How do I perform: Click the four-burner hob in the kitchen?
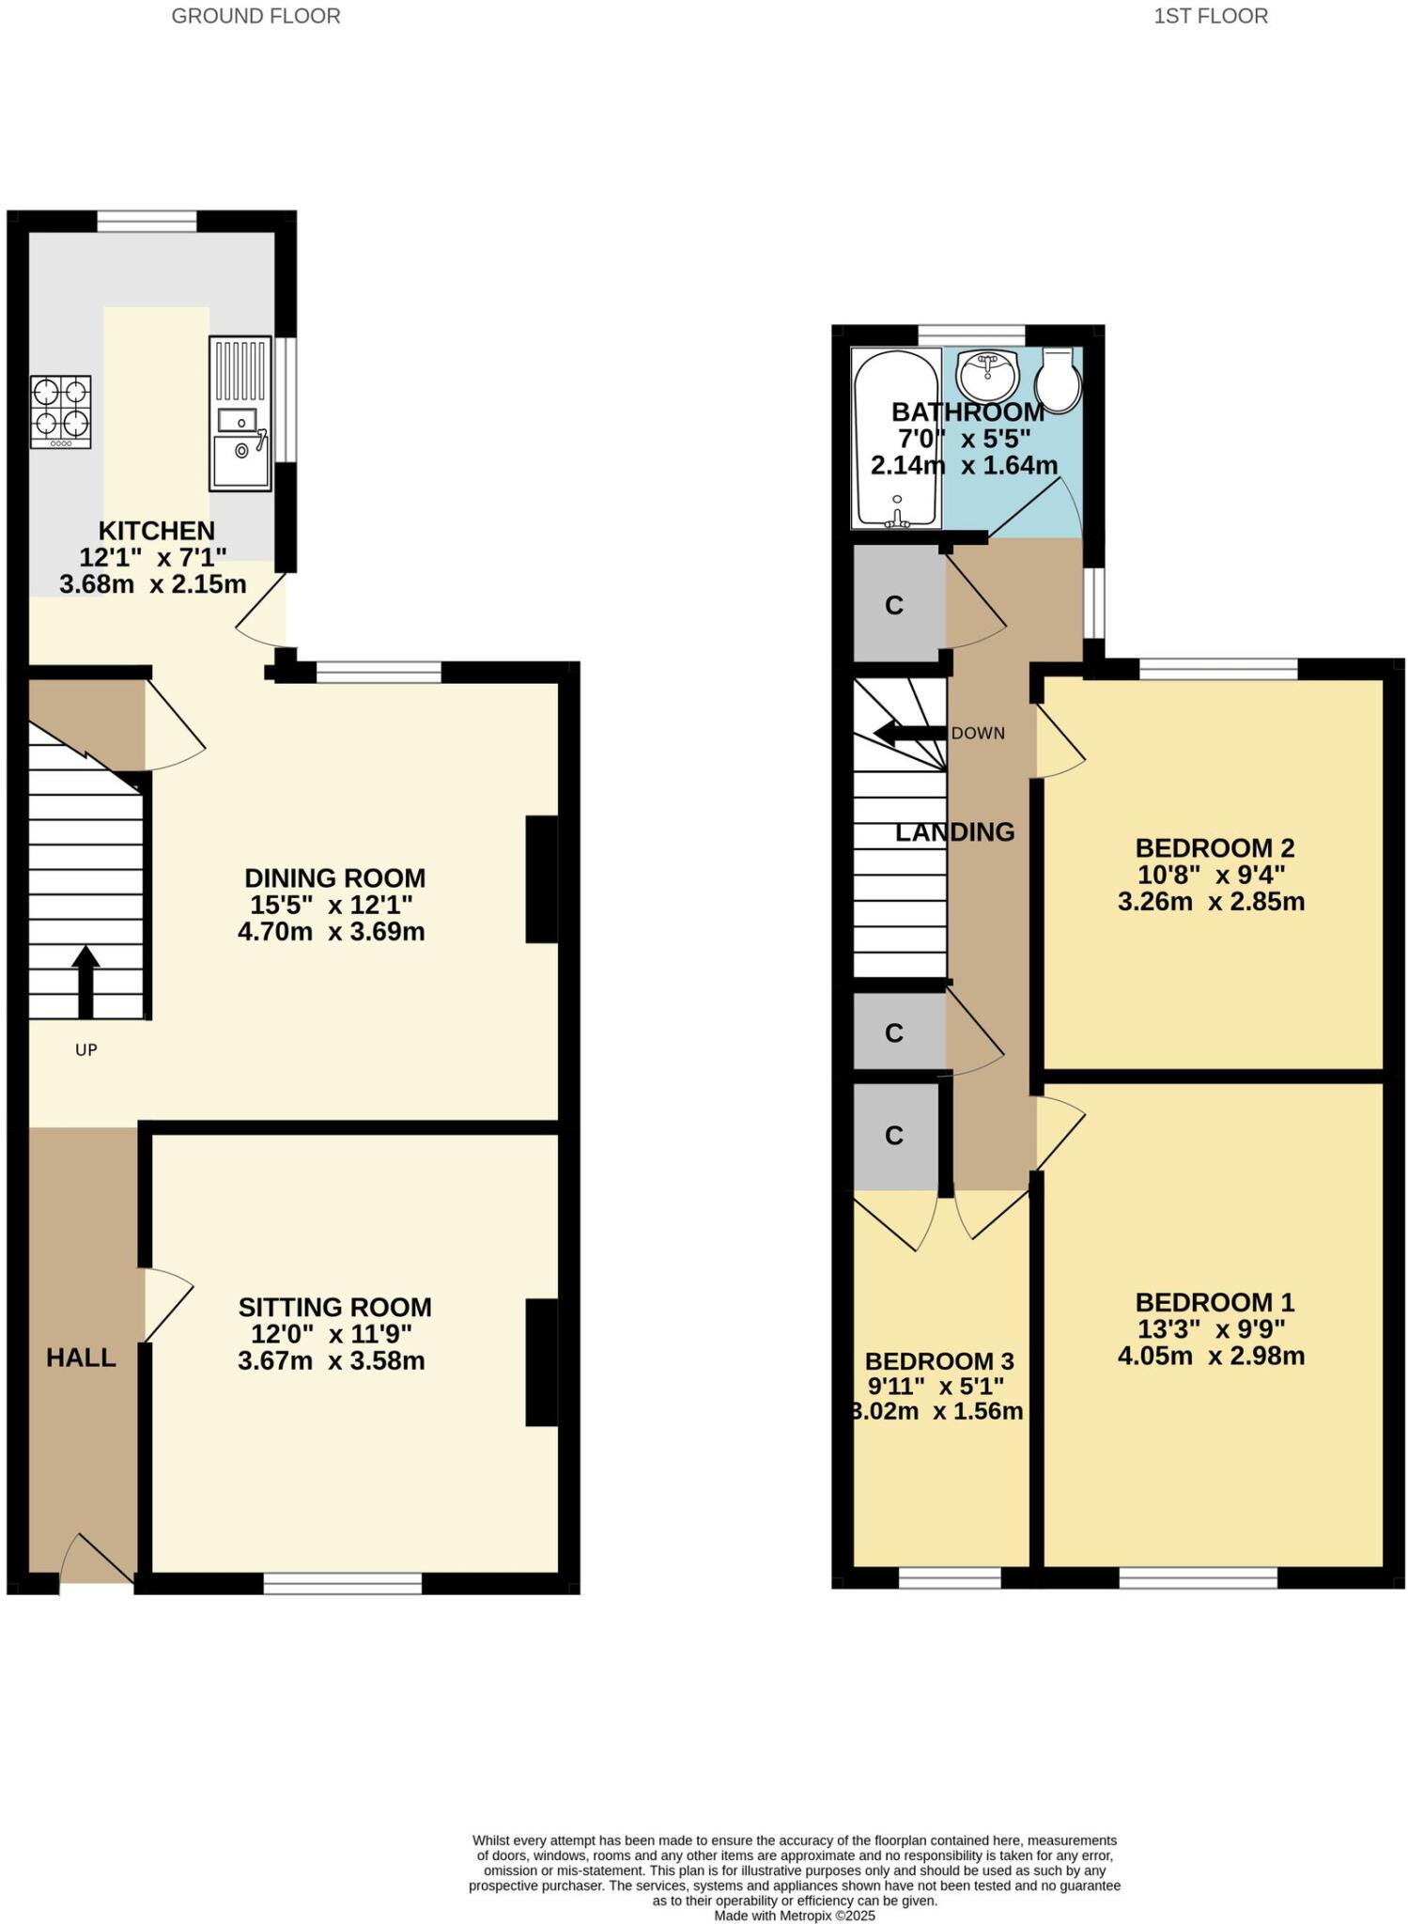tap(61, 411)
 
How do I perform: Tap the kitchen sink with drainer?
tap(240, 413)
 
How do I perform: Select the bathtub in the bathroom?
tap(896, 438)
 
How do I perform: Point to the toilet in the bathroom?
tap(1059, 380)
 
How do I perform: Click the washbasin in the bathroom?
tap(987, 375)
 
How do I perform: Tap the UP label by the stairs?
tap(86, 1050)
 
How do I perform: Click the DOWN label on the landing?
tap(978, 734)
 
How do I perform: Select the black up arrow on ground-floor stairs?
tap(85, 981)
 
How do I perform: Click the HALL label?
tap(81, 1358)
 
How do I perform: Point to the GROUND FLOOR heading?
tap(255, 16)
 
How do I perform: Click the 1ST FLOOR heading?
tap(1211, 16)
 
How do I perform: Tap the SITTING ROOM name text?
tap(334, 1307)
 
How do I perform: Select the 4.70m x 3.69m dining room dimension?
tap(332, 932)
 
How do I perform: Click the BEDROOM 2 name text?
tap(1215, 847)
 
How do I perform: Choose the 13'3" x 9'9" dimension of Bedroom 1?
tap(1211, 1329)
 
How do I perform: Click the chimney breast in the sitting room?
tap(541, 1362)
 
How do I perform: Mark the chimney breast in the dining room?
tap(541, 878)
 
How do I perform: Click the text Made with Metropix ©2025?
tap(795, 1915)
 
